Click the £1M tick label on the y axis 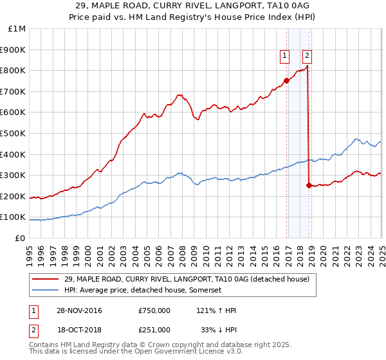[x=17, y=29]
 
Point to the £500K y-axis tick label [x=14, y=134]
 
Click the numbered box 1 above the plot [x=284, y=56]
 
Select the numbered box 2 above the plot [x=307, y=56]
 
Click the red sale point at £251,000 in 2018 [x=309, y=185]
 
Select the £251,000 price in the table [x=154, y=329]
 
